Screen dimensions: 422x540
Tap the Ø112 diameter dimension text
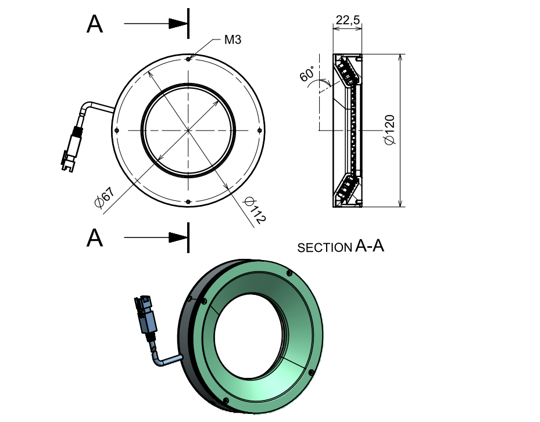tap(255, 211)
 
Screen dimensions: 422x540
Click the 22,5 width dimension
tap(347, 20)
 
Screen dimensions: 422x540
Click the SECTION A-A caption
tap(341, 247)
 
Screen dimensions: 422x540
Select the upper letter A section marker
tap(94, 24)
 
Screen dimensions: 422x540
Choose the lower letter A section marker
tap(94, 238)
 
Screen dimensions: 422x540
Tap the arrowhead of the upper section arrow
tap(177, 24)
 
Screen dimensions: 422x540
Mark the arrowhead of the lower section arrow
tap(177, 237)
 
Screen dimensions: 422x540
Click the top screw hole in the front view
tap(188, 59)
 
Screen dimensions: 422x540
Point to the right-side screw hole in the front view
tap(260, 130)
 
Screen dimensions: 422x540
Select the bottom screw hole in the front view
tap(188, 201)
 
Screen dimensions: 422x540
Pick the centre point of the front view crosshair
tap(188, 130)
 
